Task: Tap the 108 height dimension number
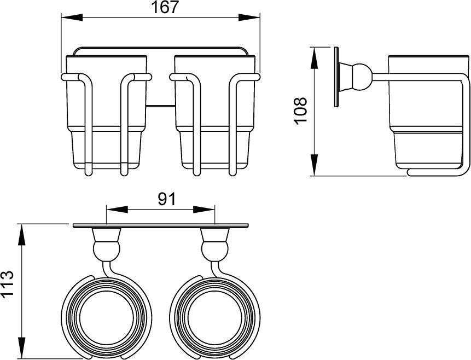[301, 109]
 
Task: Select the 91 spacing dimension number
[166, 199]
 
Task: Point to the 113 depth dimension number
[7, 284]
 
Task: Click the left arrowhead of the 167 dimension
[72, 17]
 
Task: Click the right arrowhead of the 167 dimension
[249, 17]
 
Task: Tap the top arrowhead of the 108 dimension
[314, 57]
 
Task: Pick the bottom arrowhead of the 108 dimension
[314, 165]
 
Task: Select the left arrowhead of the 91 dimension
[117, 210]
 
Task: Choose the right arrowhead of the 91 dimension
[204, 210]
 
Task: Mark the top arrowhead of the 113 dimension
[21, 235]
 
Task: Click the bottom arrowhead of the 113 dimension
[21, 347]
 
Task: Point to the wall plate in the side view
[336, 77]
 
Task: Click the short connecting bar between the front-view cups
[160, 106]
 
